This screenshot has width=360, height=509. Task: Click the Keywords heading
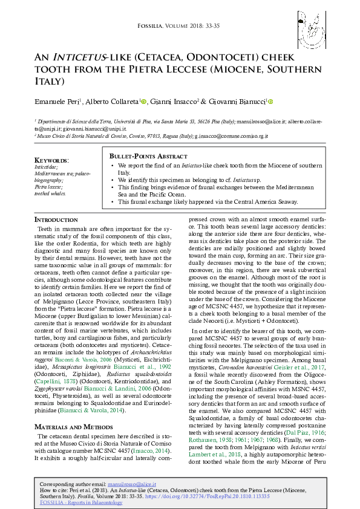51,160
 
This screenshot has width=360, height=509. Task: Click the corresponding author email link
131,485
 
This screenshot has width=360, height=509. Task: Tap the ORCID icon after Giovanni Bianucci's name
270,102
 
